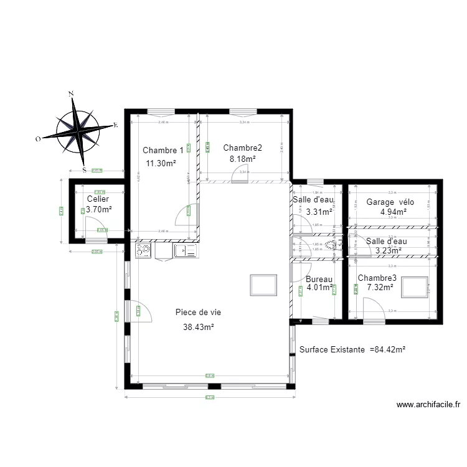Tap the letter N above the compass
pos(72,93)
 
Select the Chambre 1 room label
pos(163,150)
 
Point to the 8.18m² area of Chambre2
pos(242,159)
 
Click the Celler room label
pos(98,199)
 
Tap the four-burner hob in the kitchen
pos(143,250)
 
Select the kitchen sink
pos(185,250)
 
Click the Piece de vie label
pos(199,313)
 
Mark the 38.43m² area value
pos(199,327)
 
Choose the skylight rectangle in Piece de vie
pos(262,285)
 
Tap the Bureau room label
pos(319,280)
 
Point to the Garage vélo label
pos(390,202)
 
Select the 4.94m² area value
pos(393,212)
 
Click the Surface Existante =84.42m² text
pos(352,350)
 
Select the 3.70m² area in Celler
pos(99,209)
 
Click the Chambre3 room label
pos(377,278)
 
